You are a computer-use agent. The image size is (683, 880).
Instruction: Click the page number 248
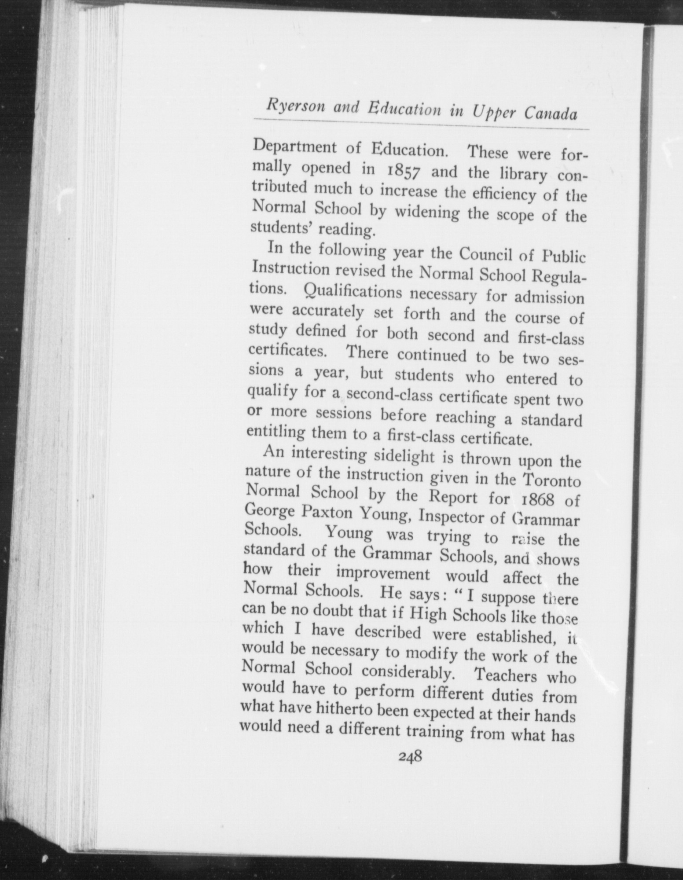[x=410, y=757]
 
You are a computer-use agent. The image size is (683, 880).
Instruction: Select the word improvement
[x=382, y=573]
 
